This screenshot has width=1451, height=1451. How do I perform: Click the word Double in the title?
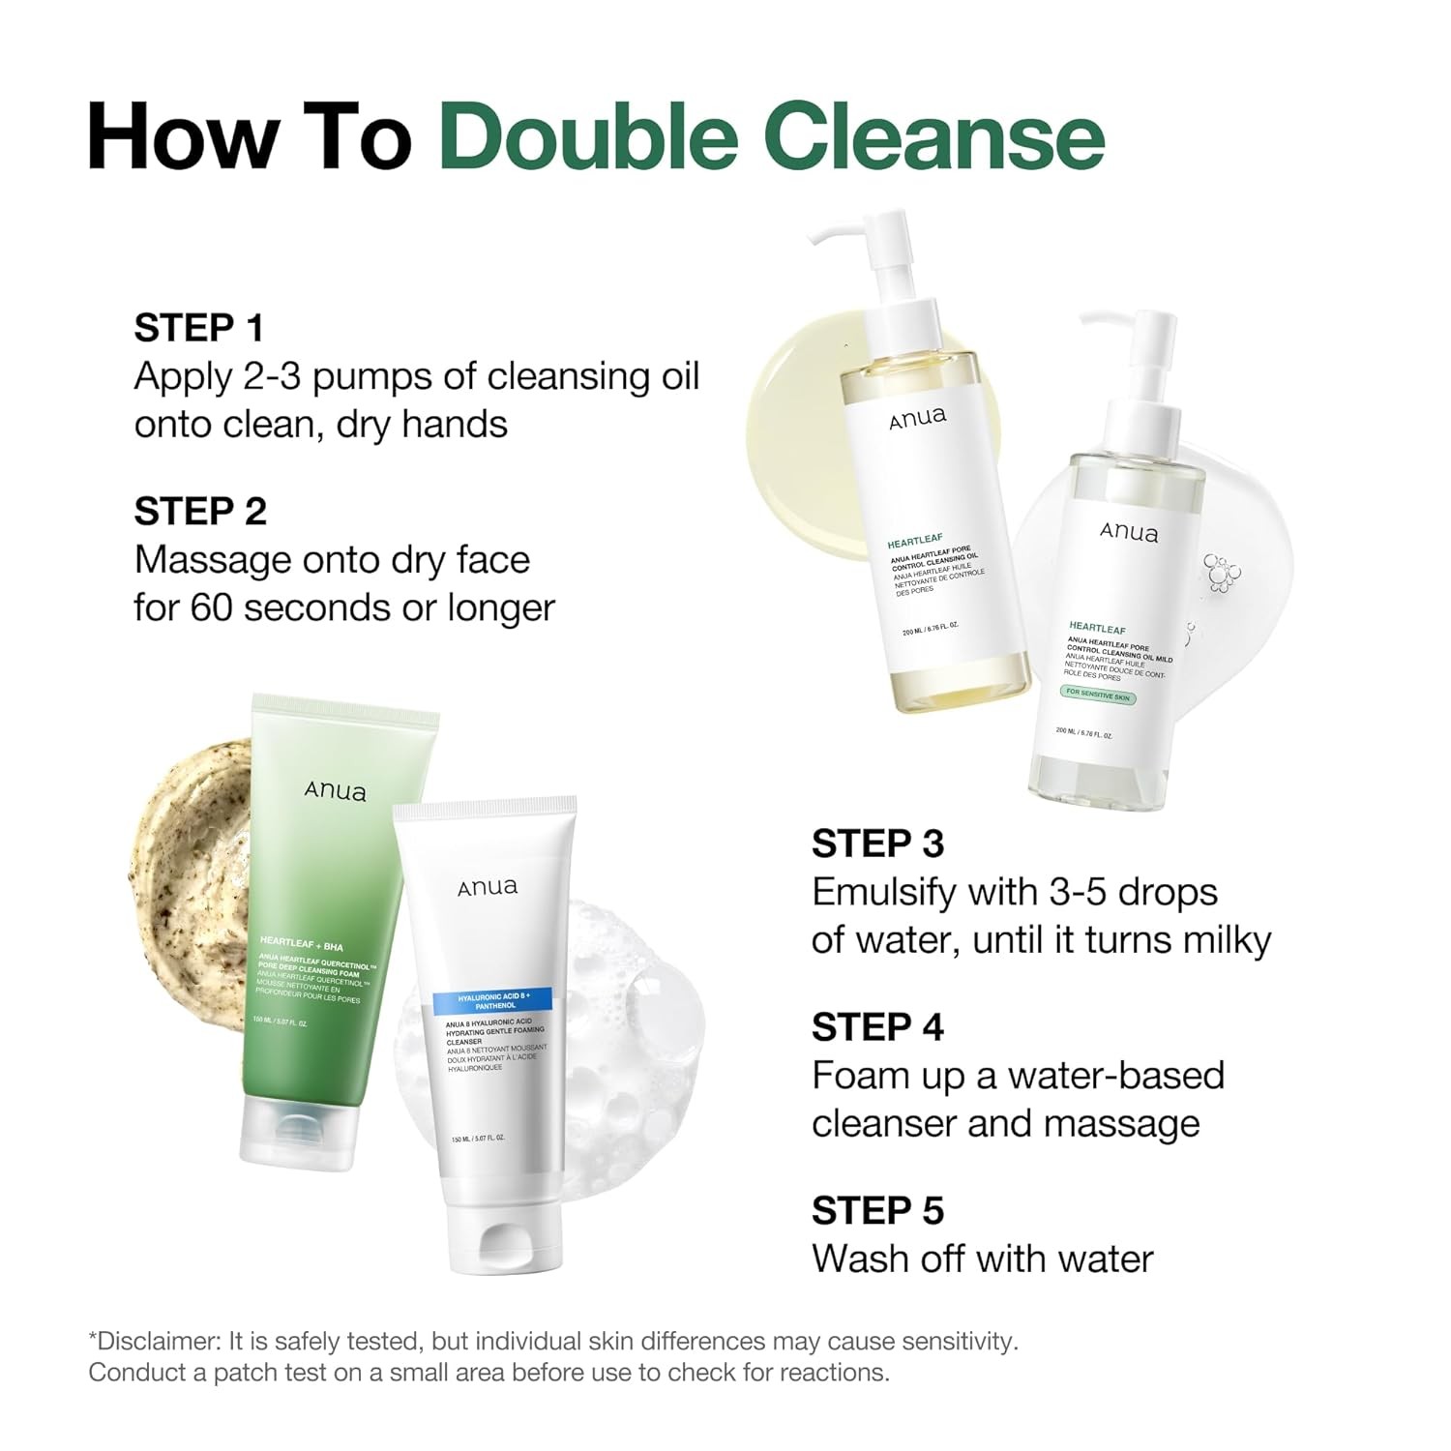tap(589, 136)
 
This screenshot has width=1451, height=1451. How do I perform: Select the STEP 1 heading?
tap(199, 328)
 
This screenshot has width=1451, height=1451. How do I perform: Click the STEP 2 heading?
tap(200, 512)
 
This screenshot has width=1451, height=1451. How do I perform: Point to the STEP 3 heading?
tap(877, 844)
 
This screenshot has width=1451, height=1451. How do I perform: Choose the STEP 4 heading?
tap(877, 1027)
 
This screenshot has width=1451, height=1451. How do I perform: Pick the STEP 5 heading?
tap(877, 1210)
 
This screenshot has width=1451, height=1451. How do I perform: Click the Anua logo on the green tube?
tap(336, 791)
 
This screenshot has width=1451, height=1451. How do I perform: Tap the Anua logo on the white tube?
tap(488, 886)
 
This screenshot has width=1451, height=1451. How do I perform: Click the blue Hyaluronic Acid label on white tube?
tap(490, 1000)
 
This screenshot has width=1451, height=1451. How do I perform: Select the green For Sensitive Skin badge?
tap(1098, 695)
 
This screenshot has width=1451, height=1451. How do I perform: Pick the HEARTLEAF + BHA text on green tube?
tap(302, 944)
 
